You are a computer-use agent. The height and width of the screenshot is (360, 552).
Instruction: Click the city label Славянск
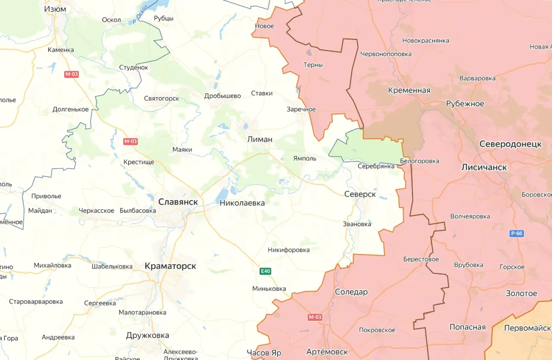178,202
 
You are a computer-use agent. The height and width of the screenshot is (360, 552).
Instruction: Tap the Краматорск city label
170,266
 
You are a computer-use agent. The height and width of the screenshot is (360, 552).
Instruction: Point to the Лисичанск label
484,167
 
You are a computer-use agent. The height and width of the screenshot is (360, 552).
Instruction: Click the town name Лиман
260,139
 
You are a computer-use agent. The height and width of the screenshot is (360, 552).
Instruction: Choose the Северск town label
360,194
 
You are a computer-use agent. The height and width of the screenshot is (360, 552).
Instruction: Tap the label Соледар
351,292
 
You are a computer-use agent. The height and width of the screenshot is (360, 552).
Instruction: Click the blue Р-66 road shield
516,234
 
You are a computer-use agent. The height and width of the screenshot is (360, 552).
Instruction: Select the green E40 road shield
266,271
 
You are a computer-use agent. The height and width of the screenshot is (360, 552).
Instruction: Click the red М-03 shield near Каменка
72,74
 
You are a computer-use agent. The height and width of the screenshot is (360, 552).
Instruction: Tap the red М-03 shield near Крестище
130,141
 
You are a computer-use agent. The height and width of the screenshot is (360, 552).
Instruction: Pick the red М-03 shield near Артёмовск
315,317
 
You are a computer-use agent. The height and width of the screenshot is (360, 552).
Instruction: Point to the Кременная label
409,90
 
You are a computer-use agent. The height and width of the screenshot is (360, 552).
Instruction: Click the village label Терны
313,65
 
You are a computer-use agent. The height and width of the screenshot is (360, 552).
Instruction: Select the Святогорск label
161,98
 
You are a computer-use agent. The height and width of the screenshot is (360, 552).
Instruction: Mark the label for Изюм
55,9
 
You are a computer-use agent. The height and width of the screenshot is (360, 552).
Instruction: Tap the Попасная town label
467,327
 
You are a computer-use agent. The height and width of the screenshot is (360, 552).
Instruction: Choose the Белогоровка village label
420,161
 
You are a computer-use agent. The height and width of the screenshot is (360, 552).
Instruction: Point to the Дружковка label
147,335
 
